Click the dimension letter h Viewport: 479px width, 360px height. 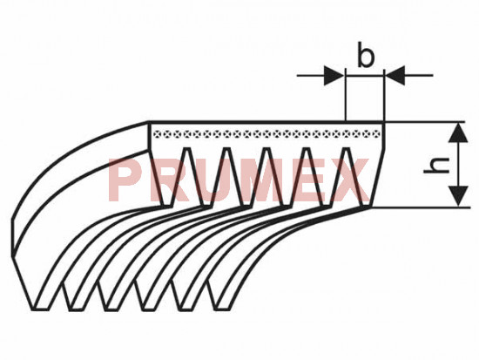(436, 165)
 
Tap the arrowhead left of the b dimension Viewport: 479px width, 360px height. (334, 75)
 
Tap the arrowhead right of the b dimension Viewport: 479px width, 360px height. (395, 75)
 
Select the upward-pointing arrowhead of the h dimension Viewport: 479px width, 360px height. (458, 132)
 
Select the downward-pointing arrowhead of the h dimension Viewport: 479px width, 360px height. (458, 196)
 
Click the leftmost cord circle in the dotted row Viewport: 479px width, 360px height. (158, 133)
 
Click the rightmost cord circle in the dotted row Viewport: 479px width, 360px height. (376, 133)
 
